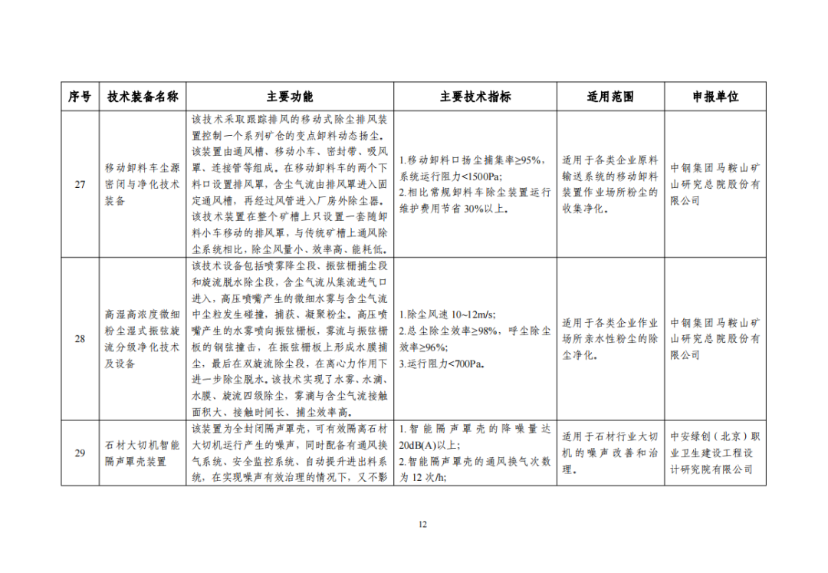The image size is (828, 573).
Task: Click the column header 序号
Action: [x=80, y=97]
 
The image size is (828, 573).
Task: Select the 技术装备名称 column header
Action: [x=143, y=97]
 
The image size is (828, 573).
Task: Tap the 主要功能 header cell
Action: [x=290, y=97]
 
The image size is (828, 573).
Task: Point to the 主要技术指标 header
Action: [x=475, y=97]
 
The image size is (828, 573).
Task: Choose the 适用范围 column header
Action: [x=610, y=97]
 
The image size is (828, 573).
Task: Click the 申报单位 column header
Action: [x=715, y=97]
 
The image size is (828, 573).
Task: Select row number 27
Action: [x=80, y=185]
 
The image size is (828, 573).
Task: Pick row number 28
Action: [x=80, y=338]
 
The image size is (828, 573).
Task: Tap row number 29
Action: [x=80, y=453]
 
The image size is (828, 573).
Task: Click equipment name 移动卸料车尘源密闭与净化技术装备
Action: [x=143, y=185]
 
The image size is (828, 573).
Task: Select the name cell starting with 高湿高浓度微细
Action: [x=143, y=338]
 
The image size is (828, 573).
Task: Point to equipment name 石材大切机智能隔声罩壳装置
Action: [x=143, y=453]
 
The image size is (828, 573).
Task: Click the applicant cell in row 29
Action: [x=715, y=453]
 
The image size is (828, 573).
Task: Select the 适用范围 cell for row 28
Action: [x=610, y=338]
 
